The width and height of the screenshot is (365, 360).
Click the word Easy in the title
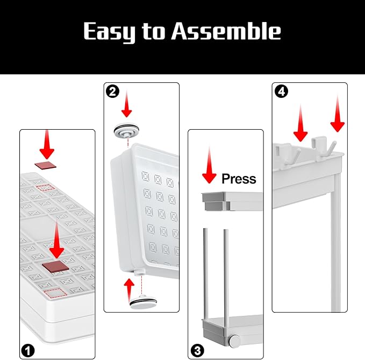[x=109, y=32]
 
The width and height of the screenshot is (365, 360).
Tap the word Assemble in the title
[x=226, y=31]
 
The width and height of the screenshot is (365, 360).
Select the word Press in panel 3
[x=239, y=179]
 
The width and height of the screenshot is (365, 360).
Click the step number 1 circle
[x=28, y=350]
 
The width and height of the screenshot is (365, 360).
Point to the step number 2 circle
[x=113, y=91]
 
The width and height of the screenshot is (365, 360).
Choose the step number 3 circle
[x=197, y=350]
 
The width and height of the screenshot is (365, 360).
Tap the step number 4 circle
[x=282, y=91]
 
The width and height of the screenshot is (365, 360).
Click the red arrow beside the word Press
[x=209, y=165]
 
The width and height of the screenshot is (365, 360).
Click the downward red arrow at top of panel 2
[x=127, y=104]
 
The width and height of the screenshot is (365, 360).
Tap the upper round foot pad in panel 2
[x=127, y=130]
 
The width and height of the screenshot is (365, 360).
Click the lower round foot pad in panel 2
[x=143, y=302]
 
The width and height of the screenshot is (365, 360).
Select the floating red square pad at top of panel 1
[x=46, y=165]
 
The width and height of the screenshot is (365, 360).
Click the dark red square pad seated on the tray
[x=55, y=266]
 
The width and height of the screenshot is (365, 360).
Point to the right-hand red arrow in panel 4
[x=338, y=114]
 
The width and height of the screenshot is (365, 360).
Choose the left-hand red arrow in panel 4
[x=300, y=123]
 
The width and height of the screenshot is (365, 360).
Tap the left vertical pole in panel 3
[x=205, y=275]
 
